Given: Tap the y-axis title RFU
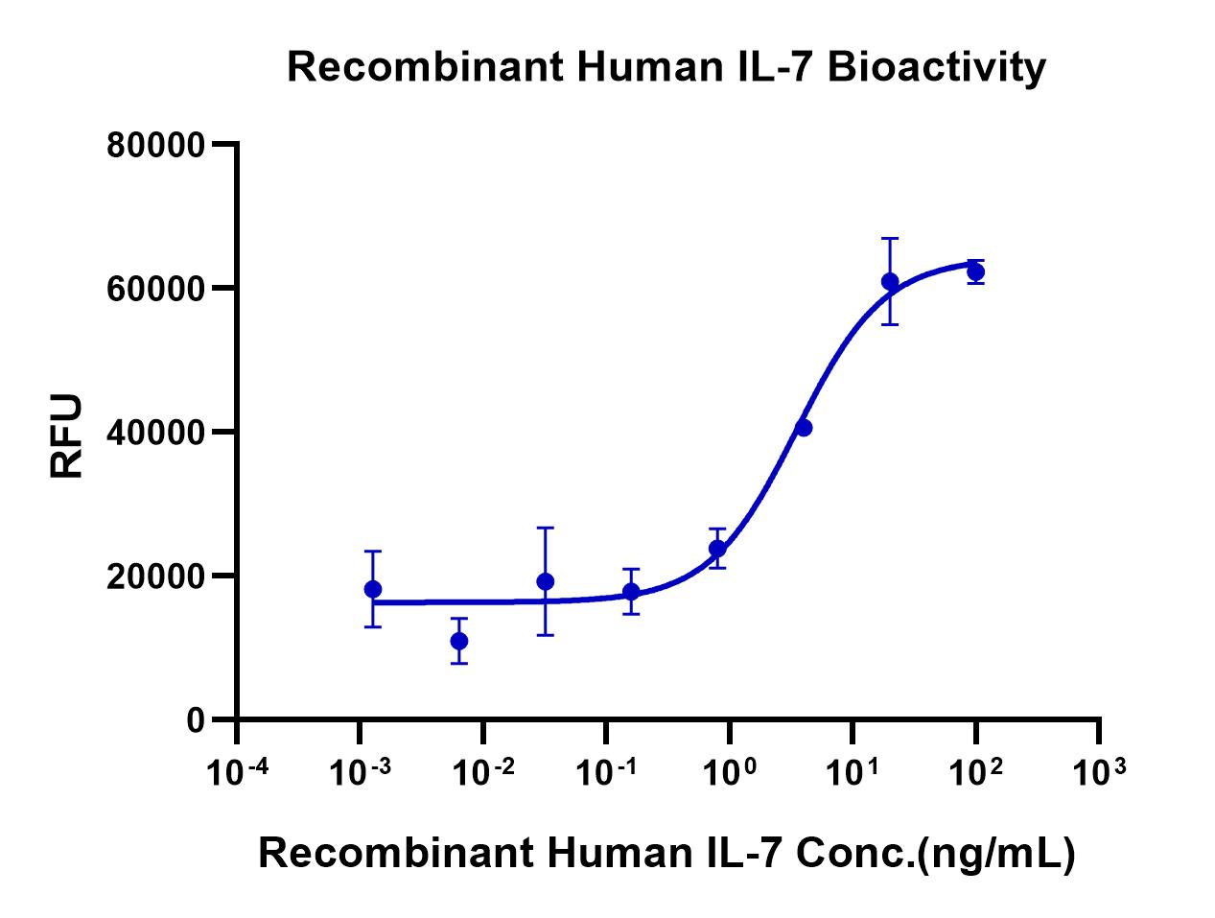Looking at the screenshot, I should pyautogui.click(x=67, y=436).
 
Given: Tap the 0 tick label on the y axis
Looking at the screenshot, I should pyautogui.click(x=196, y=720).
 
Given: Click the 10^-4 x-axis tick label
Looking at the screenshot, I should pyautogui.click(x=237, y=770).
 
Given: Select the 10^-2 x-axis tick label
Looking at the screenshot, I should pyautogui.click(x=483, y=770).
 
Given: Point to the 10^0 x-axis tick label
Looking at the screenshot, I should pyautogui.click(x=729, y=770).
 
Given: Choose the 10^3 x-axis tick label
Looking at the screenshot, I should pyautogui.click(x=1099, y=770).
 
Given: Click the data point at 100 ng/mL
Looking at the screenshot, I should pyautogui.click(x=975, y=271).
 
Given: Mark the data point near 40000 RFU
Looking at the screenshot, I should pyautogui.click(x=804, y=427).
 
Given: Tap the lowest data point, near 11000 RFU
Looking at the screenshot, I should pyautogui.click(x=459, y=641).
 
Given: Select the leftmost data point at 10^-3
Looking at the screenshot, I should pyautogui.click(x=373, y=589).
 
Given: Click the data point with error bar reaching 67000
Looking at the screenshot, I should pyautogui.click(x=890, y=281).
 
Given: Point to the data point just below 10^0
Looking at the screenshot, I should pyautogui.click(x=717, y=549).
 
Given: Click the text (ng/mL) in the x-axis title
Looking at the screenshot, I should pyautogui.click(x=995, y=853).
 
